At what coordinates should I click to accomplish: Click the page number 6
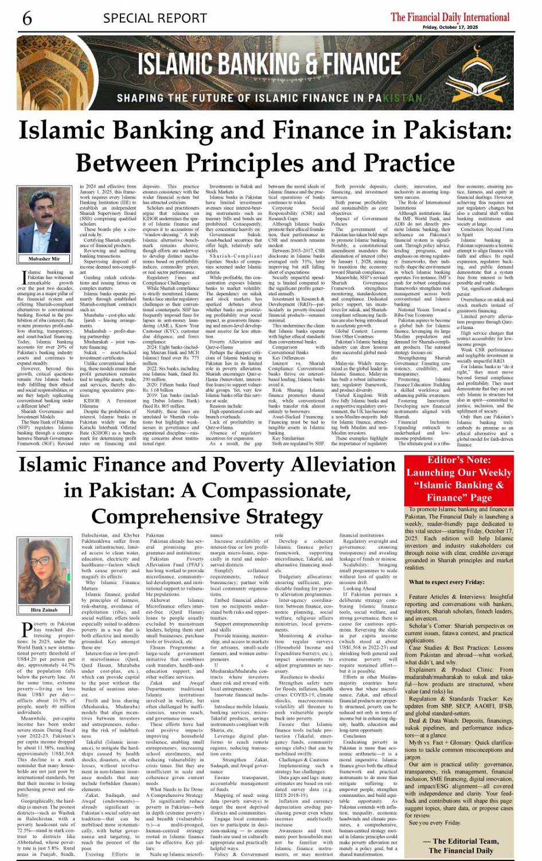(x=27, y=18)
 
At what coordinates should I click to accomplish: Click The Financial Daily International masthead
(x=450, y=17)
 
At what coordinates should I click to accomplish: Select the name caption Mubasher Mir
(x=44, y=259)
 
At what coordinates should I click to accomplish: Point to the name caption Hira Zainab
(x=44, y=610)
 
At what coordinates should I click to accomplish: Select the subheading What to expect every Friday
(x=446, y=582)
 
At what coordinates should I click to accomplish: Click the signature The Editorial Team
(x=465, y=841)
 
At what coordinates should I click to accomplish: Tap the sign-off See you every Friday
(x=435, y=823)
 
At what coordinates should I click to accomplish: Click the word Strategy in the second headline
(x=275, y=516)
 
